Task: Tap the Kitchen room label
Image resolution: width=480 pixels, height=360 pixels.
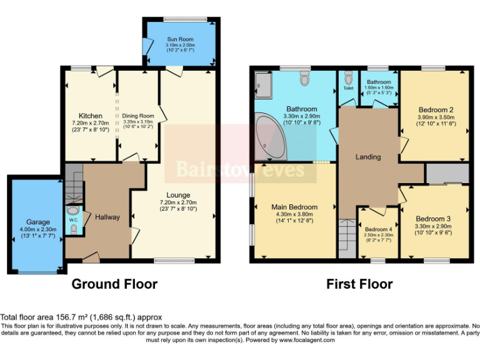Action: point(91,116)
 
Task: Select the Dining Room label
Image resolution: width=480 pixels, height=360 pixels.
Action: point(137,116)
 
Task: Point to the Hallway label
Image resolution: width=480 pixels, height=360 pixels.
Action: point(107,217)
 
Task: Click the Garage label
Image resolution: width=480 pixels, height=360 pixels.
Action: point(37,222)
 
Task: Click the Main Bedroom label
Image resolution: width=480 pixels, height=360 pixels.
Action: point(294,207)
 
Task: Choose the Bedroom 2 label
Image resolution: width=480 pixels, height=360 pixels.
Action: point(436,109)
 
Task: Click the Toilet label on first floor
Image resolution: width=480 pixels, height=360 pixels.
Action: point(348,88)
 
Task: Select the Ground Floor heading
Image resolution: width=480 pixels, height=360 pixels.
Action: point(114,284)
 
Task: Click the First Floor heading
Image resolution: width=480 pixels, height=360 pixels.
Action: point(359,284)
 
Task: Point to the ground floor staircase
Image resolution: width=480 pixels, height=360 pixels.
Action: point(73,181)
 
